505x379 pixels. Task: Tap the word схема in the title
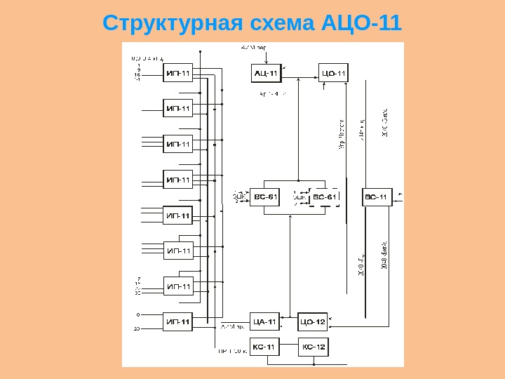[278, 22]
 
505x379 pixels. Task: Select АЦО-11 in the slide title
[360, 22]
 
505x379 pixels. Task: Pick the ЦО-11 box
[333, 72]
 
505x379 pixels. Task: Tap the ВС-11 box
[377, 197]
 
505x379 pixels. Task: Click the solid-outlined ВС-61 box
[265, 197]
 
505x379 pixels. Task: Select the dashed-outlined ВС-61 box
[324, 197]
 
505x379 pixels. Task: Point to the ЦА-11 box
[264, 321]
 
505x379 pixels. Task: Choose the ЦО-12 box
[312, 321]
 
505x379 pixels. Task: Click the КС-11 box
[264, 346]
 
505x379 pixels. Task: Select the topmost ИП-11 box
[178, 72]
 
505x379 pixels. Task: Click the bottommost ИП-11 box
[178, 322]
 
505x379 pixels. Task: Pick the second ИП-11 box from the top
[178, 108]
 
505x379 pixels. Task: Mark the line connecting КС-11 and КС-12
[288, 346]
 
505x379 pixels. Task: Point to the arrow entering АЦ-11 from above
[265, 56]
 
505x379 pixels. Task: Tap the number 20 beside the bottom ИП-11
[137, 328]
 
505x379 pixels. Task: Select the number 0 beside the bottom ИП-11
[138, 314]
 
